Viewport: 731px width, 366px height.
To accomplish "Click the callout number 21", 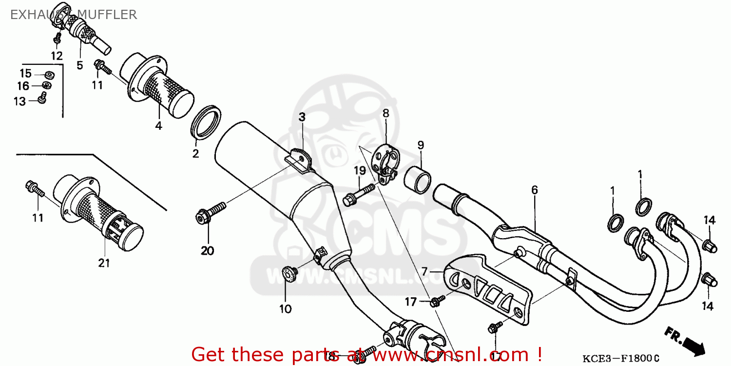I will tap(104, 263).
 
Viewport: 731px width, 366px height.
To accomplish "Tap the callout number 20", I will tap(207, 251).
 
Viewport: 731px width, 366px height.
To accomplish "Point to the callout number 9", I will tap(421, 145).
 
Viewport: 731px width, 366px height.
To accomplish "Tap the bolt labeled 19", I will tap(358, 194).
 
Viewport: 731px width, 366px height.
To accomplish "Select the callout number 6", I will tap(535, 190).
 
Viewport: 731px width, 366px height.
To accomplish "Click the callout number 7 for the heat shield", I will tap(424, 271).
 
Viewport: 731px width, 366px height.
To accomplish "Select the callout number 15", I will tap(25, 74).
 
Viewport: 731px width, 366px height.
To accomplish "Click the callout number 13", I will tap(19, 101).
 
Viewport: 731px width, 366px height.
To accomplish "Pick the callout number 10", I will tap(285, 308).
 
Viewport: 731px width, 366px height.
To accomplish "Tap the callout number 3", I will tap(302, 117).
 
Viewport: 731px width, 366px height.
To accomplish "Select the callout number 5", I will tap(79, 65).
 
